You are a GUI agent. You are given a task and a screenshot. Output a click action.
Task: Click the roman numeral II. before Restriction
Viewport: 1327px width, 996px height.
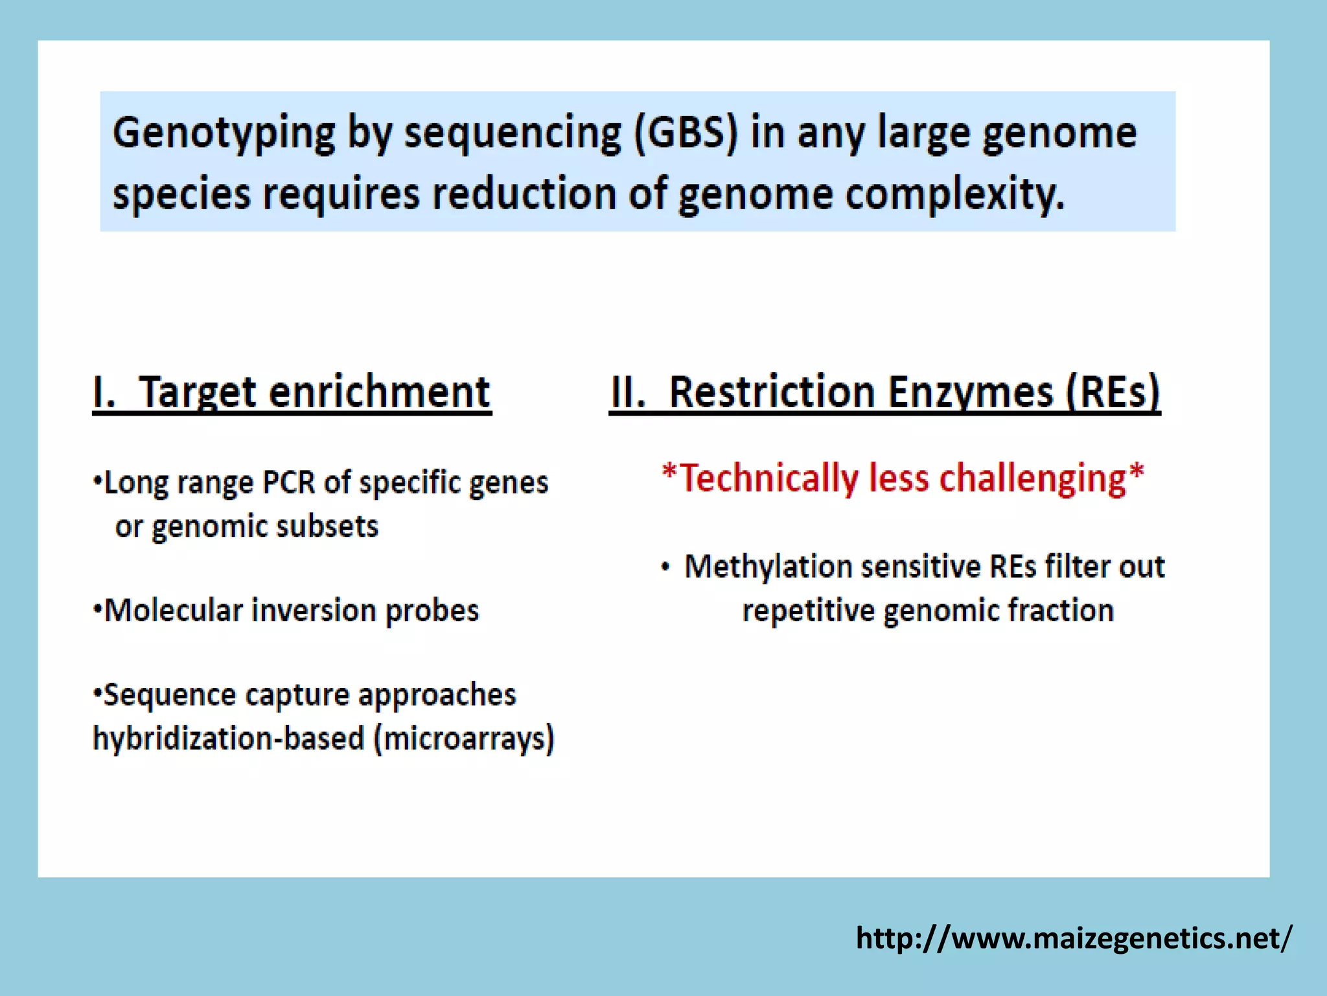coord(627,392)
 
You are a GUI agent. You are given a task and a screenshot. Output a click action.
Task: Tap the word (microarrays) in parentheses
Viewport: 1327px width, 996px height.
coord(464,739)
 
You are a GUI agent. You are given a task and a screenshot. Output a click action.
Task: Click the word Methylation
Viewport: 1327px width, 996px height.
coord(768,567)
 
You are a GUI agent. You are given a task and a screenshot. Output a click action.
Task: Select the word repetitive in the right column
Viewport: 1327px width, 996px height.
coord(807,611)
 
